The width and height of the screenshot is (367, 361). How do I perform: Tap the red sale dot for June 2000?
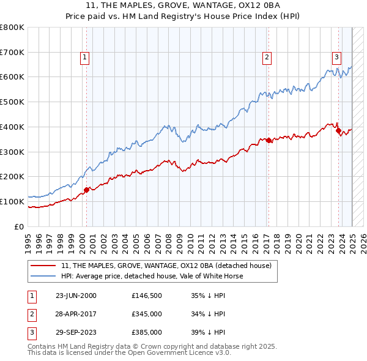point(87,190)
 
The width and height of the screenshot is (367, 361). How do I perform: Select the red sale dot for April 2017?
point(269,140)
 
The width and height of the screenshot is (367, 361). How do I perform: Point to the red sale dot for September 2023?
point(339,130)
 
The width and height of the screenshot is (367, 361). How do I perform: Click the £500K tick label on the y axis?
point(12,102)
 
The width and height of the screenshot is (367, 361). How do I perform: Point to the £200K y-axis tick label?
point(12,176)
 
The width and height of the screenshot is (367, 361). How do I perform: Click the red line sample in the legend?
point(44,266)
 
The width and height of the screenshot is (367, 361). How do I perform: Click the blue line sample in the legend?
point(44,276)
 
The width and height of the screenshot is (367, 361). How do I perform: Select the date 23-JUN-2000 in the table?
point(76,296)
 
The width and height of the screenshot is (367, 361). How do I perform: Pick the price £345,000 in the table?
point(147,314)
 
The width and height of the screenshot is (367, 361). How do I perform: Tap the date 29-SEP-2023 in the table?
point(76,332)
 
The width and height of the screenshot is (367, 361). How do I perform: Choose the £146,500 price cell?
point(147,296)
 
